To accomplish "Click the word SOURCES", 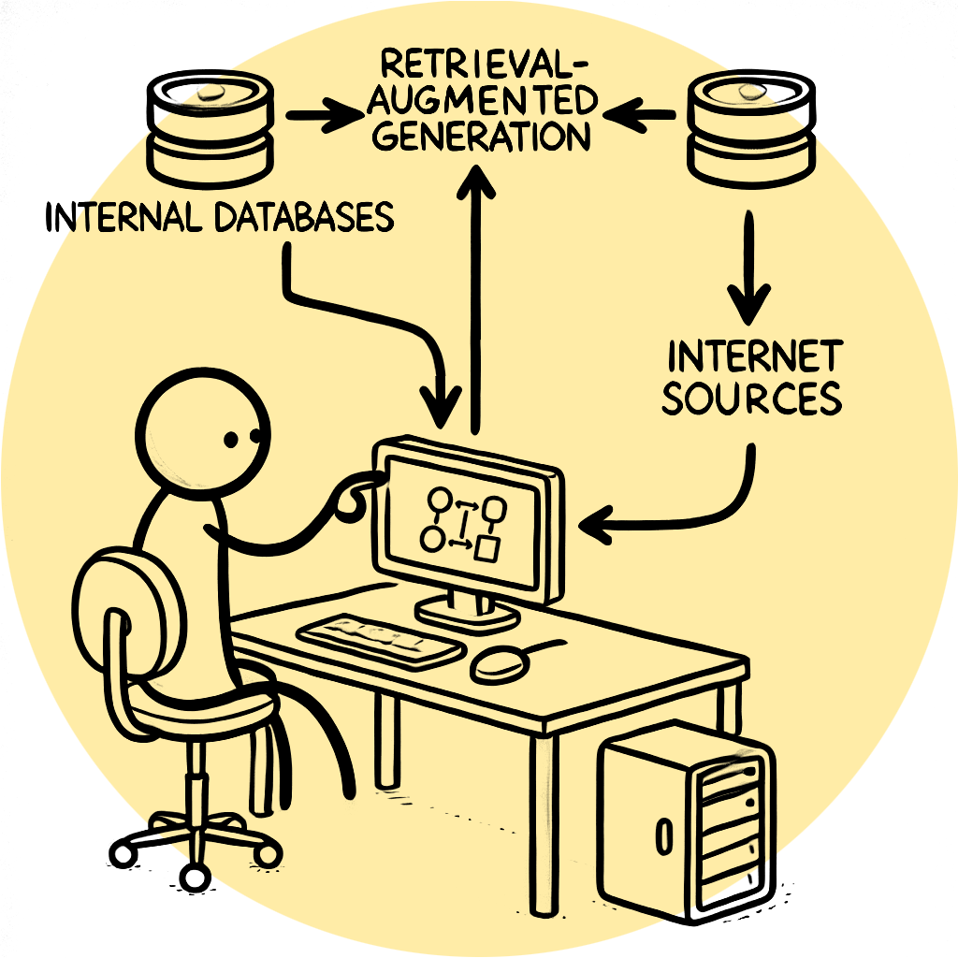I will [751, 398].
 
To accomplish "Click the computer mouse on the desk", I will [497, 663].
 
